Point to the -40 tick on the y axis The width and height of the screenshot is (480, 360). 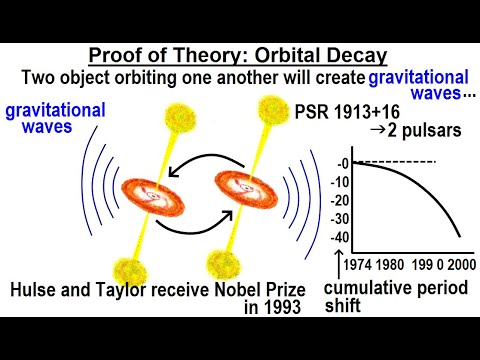tap(340, 237)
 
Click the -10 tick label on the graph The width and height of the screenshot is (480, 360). tap(340, 181)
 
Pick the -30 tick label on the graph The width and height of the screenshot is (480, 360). tap(340, 219)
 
